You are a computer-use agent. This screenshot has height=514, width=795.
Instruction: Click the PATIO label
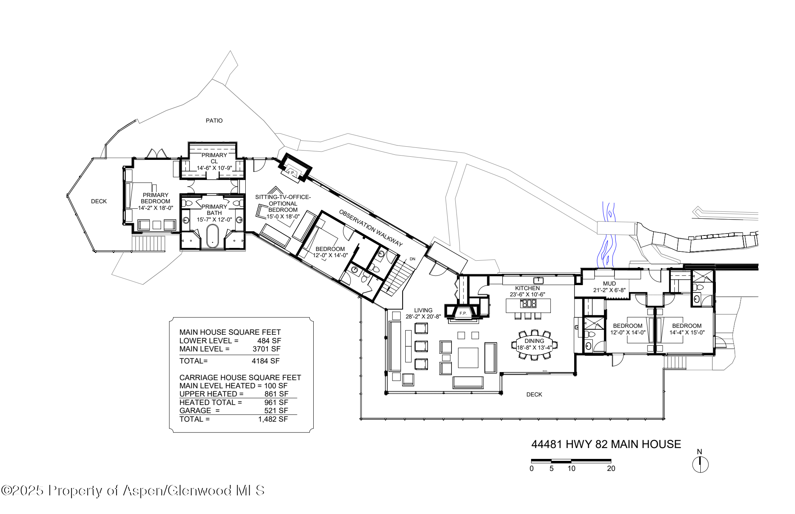tap(214, 121)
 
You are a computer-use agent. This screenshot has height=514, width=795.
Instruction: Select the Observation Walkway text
tap(371, 228)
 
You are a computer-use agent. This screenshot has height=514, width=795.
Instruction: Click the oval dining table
tap(534, 344)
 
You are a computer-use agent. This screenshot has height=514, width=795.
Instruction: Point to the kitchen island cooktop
tap(528, 303)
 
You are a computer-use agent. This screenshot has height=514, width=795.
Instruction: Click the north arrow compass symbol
tap(700, 464)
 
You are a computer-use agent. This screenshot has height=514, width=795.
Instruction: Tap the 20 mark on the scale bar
tap(611, 468)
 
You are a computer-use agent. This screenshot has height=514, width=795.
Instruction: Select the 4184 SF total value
tap(266, 361)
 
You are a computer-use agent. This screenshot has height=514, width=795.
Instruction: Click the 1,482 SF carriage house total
tap(273, 419)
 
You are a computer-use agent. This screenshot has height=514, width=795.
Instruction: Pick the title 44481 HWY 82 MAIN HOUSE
tap(606, 444)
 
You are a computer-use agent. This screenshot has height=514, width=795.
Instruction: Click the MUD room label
tap(609, 284)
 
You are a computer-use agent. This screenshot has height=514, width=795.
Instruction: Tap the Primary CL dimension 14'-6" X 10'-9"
tap(214, 168)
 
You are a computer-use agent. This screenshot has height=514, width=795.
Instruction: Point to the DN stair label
tap(412, 259)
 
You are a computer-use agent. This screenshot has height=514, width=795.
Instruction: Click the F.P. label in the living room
tap(463, 313)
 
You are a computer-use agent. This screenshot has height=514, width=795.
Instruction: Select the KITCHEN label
tap(527, 288)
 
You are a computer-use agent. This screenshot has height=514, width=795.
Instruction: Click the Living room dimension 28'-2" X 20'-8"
tap(423, 317)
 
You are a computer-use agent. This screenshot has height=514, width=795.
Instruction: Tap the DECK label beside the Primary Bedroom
tap(99, 201)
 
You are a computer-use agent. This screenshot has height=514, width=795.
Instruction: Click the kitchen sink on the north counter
tap(538, 280)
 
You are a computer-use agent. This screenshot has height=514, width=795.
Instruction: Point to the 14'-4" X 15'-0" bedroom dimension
tap(687, 332)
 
